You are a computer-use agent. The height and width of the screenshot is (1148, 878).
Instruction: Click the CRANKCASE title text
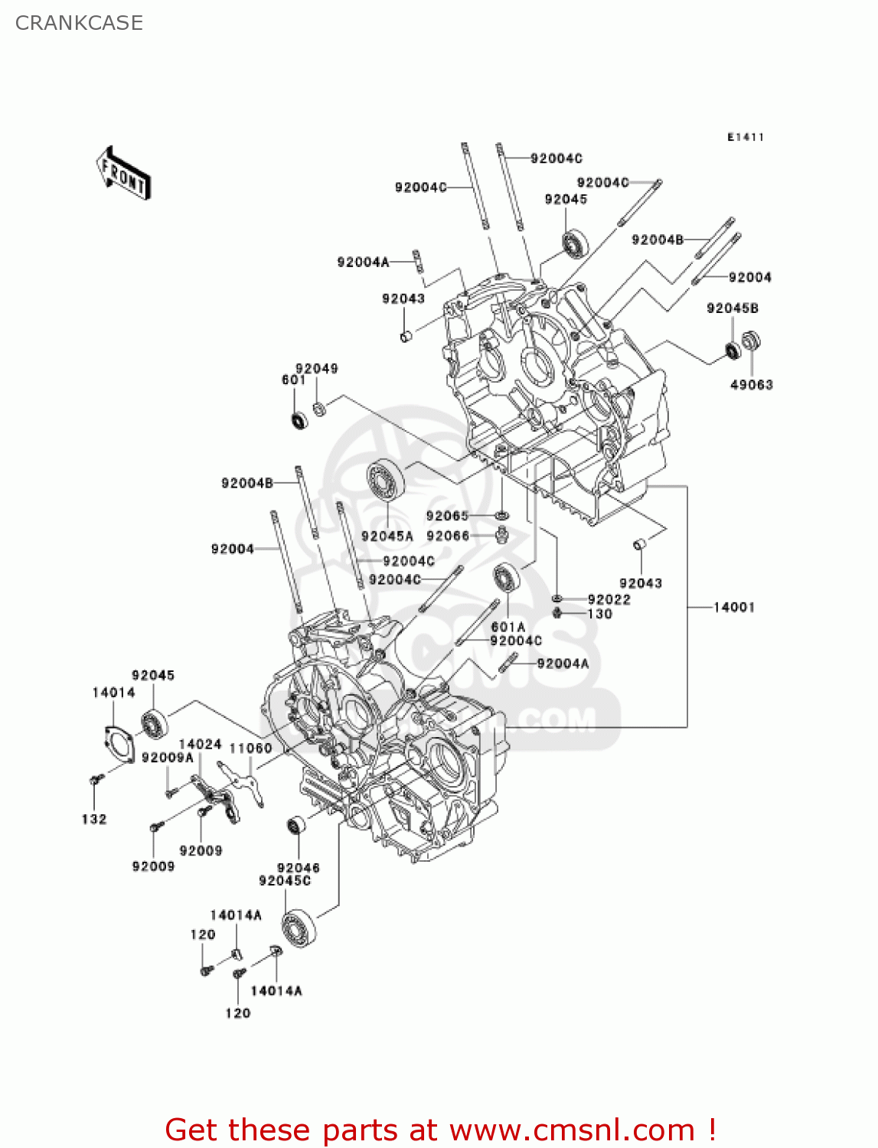point(79,23)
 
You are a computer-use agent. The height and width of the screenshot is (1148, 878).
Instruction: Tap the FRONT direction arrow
point(123,174)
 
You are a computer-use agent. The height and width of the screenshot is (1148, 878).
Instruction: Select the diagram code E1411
point(745,137)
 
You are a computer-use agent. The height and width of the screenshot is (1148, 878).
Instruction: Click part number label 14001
point(733,607)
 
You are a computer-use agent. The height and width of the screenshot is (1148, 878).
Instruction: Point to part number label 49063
point(751,384)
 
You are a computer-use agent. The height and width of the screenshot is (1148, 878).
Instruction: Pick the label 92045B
point(732,308)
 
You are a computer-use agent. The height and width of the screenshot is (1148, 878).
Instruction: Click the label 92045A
point(387,536)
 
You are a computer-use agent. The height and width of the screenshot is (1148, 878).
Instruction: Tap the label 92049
point(316,368)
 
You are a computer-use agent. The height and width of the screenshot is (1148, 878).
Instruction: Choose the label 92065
point(447,516)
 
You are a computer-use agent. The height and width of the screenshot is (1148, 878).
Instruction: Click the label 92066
point(447,536)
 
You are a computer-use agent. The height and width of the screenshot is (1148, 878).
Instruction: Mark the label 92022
point(609,599)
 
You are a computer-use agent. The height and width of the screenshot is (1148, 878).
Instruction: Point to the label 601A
point(508,627)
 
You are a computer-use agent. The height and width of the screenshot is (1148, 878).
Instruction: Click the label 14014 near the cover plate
point(113,692)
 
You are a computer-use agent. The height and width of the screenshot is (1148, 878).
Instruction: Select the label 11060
point(250,748)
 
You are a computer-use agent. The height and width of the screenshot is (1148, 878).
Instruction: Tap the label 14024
point(200,744)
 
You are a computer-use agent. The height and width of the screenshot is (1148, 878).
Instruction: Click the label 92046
point(298,867)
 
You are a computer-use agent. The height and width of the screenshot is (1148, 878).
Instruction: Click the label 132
point(94,819)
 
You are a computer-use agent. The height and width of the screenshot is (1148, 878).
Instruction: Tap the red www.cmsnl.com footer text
point(440,1130)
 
